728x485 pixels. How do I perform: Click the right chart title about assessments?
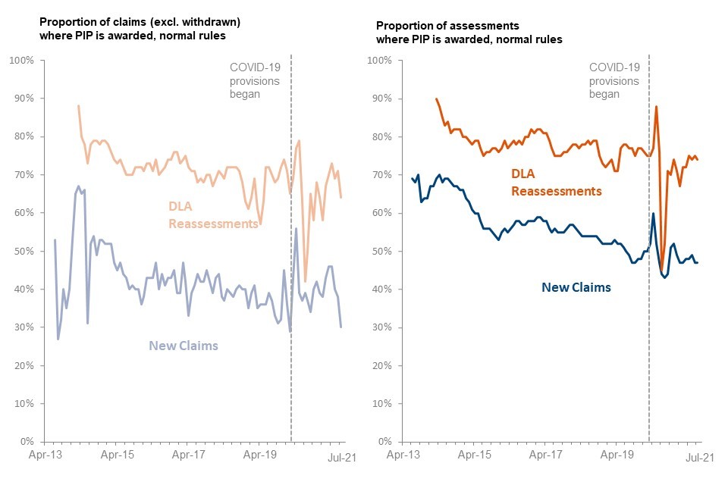point(469,33)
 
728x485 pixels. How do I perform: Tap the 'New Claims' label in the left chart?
point(184,346)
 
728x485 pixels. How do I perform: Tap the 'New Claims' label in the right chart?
point(576,287)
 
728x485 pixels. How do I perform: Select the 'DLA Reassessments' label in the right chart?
point(557,183)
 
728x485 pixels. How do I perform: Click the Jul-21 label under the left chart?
point(341,456)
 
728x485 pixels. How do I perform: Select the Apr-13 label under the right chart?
point(403,456)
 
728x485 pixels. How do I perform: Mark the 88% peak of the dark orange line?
point(656,106)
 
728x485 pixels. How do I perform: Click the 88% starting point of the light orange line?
point(79,106)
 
